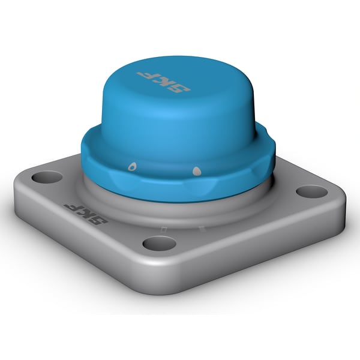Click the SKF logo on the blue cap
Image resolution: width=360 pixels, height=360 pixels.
pos(163,81)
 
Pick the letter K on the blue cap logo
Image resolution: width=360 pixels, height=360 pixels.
pos(163,81)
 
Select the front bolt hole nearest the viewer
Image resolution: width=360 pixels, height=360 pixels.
pos(160,243)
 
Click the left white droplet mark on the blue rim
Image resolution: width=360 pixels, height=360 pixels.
pos(132,166)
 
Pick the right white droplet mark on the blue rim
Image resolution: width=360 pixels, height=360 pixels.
pos(196,172)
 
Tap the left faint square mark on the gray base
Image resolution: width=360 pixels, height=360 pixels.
pos(163,228)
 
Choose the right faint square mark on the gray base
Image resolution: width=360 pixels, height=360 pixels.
pos(202,227)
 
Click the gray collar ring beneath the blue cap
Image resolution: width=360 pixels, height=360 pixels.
pos(180,204)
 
